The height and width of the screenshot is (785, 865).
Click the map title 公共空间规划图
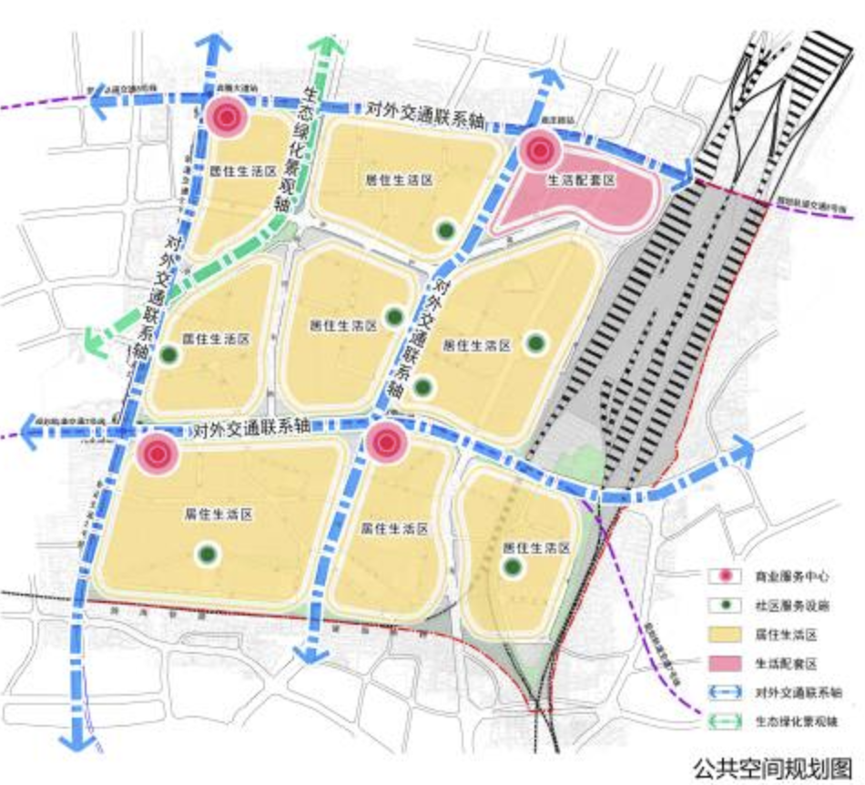[x=775, y=762]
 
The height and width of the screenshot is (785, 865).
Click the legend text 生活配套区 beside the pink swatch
[x=782, y=663]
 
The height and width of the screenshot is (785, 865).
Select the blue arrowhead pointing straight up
[x=211, y=46]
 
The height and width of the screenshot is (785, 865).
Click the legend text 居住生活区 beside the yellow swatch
[x=782, y=634]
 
